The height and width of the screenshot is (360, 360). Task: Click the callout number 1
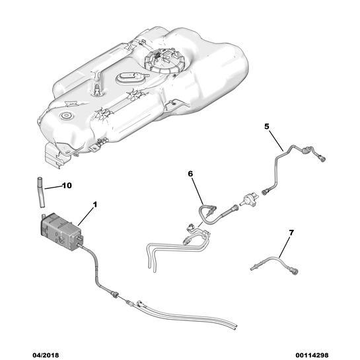click(95, 204)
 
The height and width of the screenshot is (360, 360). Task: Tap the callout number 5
click(266, 126)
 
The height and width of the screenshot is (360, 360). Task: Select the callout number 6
click(190, 174)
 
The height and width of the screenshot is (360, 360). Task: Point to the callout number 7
click(291, 233)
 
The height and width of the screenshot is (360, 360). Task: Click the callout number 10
click(67, 185)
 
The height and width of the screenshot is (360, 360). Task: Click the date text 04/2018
click(46, 355)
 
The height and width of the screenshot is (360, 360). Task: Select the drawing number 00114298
click(312, 355)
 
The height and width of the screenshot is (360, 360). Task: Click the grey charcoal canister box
click(61, 232)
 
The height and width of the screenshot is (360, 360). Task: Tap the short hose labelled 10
click(41, 192)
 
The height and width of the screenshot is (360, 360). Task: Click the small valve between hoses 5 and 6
click(249, 199)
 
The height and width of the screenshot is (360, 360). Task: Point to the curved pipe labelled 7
click(275, 264)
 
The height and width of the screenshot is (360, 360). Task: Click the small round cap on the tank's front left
click(66, 116)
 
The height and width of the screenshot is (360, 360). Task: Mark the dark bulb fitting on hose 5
click(306, 151)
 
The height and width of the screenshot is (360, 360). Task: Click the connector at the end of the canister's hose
click(115, 294)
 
